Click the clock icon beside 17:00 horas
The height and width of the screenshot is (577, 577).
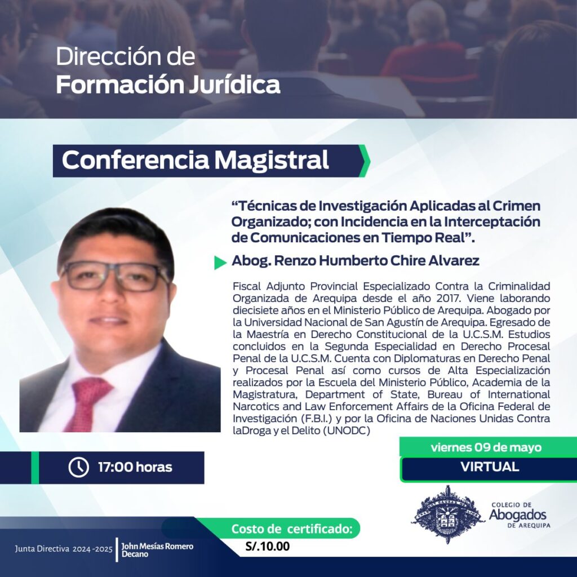78,467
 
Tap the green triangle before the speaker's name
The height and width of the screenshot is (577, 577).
220,263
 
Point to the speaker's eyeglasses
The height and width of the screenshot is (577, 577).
115,277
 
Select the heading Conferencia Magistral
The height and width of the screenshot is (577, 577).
195,160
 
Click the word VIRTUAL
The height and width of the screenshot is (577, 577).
490,467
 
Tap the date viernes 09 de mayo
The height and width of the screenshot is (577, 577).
486,447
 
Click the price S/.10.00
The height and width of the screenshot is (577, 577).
268,546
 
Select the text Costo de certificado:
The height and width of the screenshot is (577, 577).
292,529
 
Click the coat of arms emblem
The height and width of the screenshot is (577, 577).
447,514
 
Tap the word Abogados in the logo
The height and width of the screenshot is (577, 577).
517,515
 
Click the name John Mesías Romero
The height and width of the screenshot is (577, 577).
158,546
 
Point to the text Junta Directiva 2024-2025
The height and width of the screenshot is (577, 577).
64,549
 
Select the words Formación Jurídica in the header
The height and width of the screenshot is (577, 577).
168,85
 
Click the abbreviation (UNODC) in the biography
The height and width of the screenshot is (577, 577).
347,430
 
